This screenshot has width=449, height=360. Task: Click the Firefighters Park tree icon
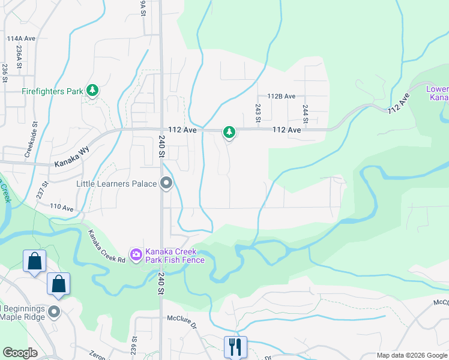point(92,91)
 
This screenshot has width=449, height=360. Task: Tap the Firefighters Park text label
point(52,92)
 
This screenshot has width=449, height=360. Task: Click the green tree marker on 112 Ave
point(228,131)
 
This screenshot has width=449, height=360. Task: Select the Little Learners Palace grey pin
point(167,184)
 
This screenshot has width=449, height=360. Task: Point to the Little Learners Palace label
point(117,183)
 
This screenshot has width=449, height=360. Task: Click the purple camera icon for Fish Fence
point(136,255)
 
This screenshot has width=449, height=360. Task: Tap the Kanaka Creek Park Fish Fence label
point(175,255)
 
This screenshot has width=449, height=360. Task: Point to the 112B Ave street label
point(282,96)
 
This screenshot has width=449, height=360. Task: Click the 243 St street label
point(258,112)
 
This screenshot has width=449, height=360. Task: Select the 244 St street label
point(306,113)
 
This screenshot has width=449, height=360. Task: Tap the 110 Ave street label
point(62,208)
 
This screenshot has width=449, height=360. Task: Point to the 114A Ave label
point(22,38)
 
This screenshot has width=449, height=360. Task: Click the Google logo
point(20,353)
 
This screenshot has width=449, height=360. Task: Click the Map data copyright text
point(411,355)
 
